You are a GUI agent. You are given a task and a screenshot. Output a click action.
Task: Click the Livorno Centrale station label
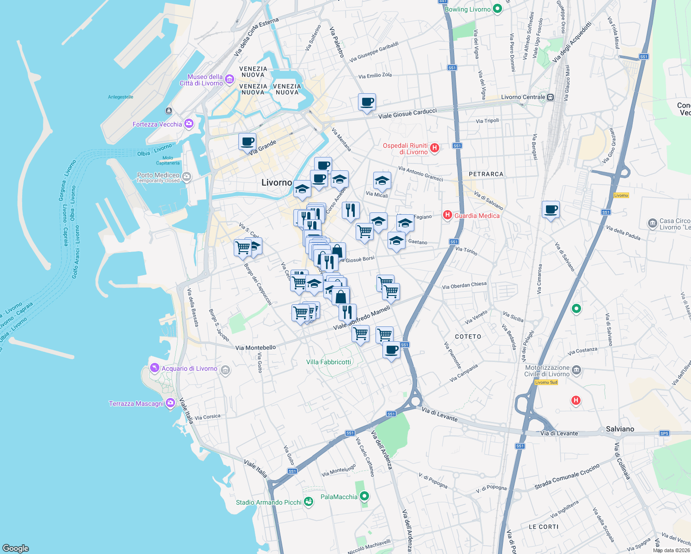523,97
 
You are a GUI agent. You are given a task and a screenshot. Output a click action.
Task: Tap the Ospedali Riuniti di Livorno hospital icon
434,148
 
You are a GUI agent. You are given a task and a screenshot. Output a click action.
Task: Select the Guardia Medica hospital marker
447,215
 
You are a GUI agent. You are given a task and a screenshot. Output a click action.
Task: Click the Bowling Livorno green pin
497,9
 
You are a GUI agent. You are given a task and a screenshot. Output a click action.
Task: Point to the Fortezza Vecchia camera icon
188,124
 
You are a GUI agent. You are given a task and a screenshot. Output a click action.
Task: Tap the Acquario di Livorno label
189,368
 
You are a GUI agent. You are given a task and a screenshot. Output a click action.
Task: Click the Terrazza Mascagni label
136,403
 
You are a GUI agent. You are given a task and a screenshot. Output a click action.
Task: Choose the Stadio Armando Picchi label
268,502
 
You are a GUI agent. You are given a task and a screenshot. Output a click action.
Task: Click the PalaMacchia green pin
364,496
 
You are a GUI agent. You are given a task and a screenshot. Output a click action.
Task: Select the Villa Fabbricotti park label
328,362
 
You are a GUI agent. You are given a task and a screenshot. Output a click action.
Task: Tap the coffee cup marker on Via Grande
247,141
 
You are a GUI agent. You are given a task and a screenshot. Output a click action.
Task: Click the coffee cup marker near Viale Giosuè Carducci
367,102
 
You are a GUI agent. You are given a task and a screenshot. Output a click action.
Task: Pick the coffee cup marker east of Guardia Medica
551,210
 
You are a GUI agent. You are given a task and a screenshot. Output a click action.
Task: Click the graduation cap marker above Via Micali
382,181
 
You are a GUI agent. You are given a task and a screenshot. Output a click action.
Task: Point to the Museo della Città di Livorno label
205,80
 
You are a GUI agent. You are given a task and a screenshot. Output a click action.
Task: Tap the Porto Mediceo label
158,175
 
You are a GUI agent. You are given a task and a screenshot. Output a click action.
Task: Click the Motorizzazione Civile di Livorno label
547,371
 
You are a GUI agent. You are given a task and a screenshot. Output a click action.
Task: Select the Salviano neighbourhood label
620,429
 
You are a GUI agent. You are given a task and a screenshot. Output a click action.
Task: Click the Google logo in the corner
15,548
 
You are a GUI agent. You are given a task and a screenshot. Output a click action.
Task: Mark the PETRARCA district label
486,174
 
